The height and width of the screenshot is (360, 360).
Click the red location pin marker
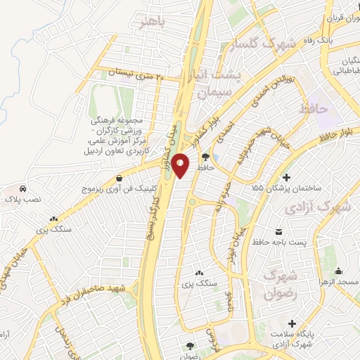[x=181, y=165]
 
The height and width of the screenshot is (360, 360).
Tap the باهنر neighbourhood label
[x=155, y=22]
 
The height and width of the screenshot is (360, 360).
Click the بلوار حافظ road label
[x=341, y=131]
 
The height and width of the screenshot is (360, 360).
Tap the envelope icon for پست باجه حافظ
[x=278, y=231]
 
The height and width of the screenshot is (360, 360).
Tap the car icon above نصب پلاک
[x=23, y=189]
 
